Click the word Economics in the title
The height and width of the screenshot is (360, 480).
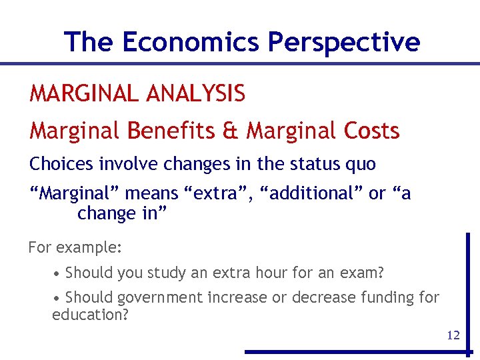(191, 42)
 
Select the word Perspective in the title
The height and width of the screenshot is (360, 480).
(343, 42)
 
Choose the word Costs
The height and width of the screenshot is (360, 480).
(371, 131)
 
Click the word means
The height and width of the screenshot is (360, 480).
(151, 194)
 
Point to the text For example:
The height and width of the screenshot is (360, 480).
(75, 247)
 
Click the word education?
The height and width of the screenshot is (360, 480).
(90, 314)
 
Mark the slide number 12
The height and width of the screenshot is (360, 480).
(453, 335)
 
